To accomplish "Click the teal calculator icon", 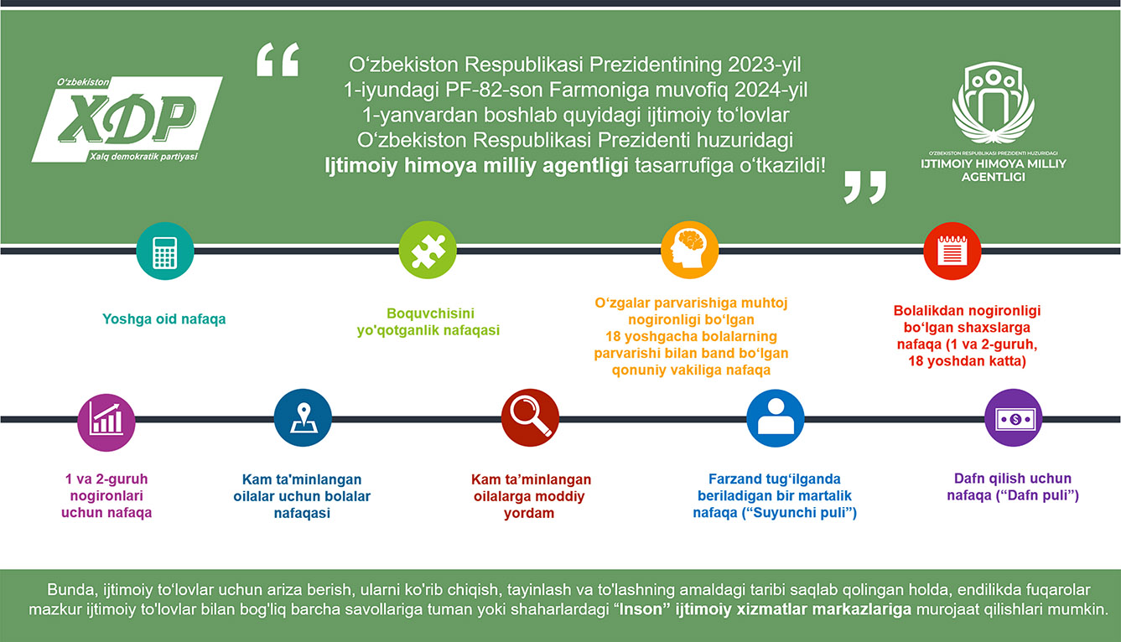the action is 164,251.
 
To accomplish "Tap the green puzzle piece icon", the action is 428,250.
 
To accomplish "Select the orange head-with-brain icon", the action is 689,250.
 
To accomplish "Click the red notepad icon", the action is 952,251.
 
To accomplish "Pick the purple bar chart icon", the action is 106,422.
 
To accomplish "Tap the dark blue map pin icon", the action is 303,418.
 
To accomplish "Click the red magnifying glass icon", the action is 530,418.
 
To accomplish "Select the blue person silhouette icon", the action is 776,418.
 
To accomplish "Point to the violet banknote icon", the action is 1014,418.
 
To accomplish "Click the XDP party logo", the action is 127,120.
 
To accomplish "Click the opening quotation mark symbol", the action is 278,60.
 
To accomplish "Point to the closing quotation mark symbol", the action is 864,187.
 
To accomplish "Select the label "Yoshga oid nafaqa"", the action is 164,318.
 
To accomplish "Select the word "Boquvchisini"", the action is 430,313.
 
